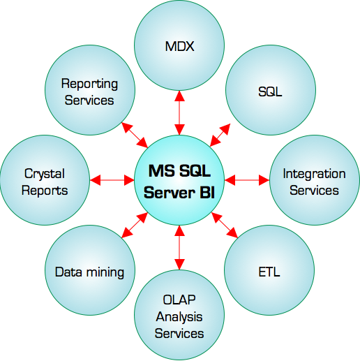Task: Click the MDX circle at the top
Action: (179, 45)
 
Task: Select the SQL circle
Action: (271, 90)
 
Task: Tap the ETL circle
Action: (269, 270)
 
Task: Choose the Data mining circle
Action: (90, 270)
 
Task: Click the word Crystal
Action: (45, 174)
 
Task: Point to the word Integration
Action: (314, 174)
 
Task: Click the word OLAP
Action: (179, 300)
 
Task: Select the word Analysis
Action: (179, 317)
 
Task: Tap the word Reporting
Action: (89, 84)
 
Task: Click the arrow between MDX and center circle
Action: (179, 113)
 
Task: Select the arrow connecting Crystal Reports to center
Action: (112, 180)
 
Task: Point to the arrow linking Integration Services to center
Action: (247, 180)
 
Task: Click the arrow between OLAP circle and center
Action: (179, 247)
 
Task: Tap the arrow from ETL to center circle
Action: (225, 226)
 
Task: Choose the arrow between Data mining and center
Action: (135, 225)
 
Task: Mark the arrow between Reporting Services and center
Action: (135, 135)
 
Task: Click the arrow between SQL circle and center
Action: (220, 135)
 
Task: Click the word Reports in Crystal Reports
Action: (45, 191)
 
